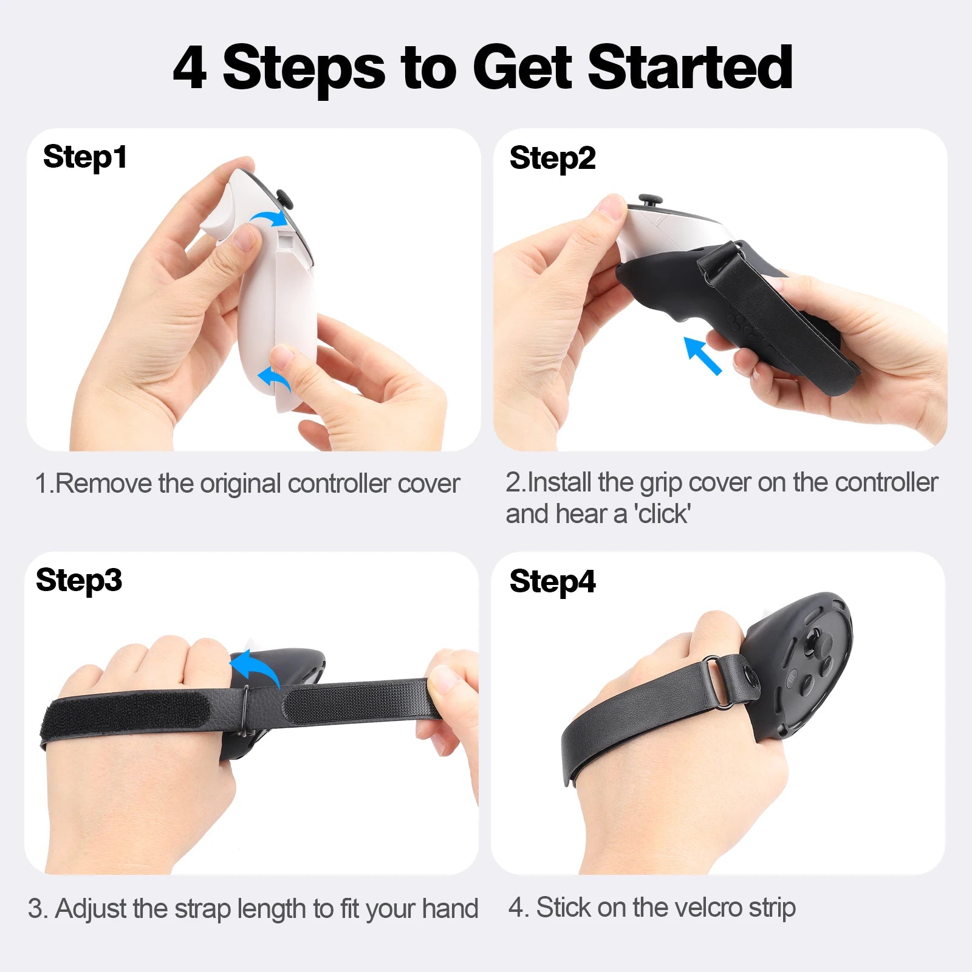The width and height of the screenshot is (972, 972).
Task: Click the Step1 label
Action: [x=85, y=157]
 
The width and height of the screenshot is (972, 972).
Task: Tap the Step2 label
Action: [x=552, y=158]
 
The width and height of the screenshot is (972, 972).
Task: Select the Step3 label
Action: [x=79, y=580]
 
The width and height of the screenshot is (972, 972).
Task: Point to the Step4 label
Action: [x=552, y=581]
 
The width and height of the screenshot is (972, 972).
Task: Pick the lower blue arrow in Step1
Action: [x=275, y=379]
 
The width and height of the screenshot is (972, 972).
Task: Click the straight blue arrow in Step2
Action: [x=703, y=355]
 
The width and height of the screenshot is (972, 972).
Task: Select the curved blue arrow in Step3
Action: [x=255, y=667]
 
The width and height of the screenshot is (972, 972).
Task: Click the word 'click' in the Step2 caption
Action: [x=662, y=514]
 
